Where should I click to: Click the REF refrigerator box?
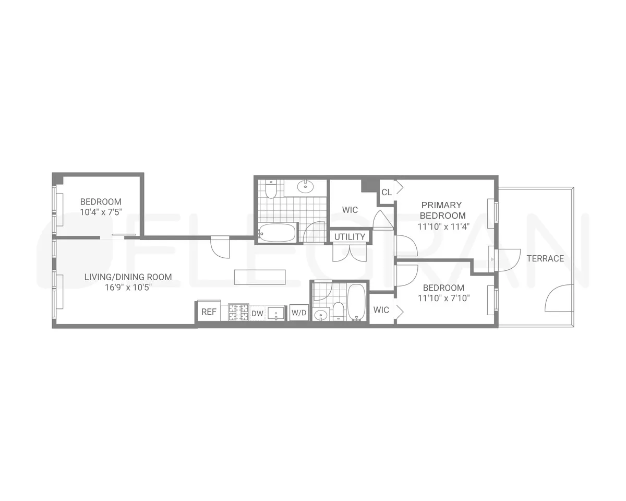[209, 312]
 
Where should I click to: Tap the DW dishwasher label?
[257, 313]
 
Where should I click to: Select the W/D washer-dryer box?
[299, 313]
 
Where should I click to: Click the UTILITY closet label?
[350, 237]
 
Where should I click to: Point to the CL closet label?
[387, 192]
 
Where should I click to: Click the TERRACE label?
[545, 258]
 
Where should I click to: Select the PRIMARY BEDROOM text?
[442, 210]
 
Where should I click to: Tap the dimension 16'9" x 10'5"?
[128, 287]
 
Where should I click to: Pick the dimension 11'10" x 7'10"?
[443, 299]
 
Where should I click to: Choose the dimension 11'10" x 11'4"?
[443, 226]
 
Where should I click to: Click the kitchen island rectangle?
[260, 277]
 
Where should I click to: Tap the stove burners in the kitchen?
[238, 312]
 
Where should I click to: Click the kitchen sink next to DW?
[276, 313]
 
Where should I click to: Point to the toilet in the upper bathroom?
[271, 190]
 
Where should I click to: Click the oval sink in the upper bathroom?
[305, 186]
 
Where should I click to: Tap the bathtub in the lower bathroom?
[357, 301]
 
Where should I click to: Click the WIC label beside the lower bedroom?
[381, 310]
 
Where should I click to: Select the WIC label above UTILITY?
[350, 210]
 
